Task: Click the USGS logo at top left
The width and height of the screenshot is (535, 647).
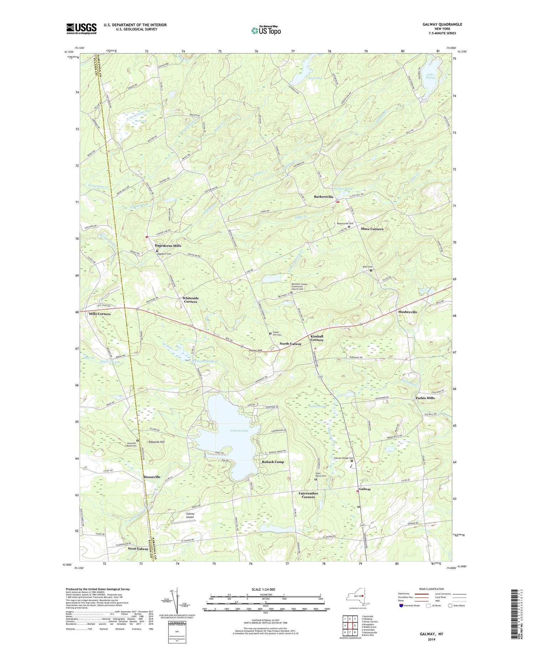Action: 81,29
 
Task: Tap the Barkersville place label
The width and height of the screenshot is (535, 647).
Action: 323,197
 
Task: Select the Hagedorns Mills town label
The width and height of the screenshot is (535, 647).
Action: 168,246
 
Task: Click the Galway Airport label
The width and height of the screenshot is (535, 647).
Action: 190,515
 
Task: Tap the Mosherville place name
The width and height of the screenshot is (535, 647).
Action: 407,312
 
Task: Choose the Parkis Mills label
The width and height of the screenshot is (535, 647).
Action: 425,398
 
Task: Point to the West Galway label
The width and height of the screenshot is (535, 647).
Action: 138,549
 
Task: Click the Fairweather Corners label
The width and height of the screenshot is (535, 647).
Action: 308,495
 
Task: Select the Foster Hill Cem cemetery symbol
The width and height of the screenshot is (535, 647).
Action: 270,333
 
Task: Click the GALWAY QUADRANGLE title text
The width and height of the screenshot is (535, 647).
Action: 441,24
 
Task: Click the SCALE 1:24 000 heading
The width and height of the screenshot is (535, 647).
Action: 265,589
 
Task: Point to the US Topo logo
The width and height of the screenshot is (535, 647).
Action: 266,31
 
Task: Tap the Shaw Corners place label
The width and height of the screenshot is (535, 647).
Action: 372,229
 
